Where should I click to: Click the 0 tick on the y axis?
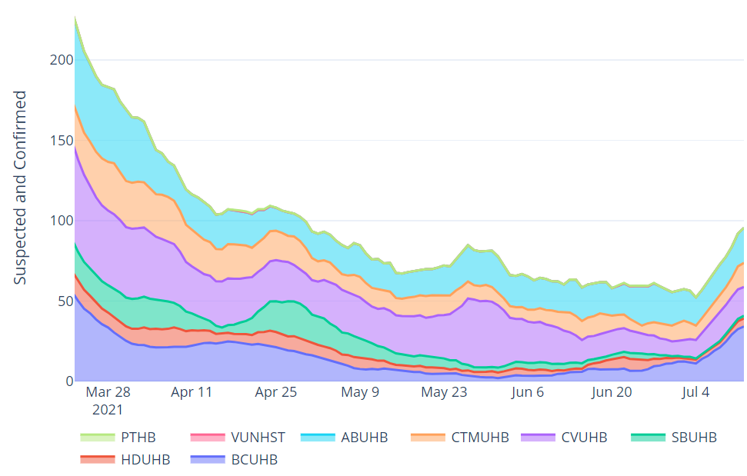[69, 381]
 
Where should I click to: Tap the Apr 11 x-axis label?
[192, 392]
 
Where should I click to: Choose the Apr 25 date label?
[276, 392]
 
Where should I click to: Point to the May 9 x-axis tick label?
[360, 392]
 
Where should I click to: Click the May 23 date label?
[445, 392]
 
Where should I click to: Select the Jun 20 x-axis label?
[612, 392]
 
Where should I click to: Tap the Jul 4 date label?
[695, 392]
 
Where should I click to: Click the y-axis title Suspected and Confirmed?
[21, 188]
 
